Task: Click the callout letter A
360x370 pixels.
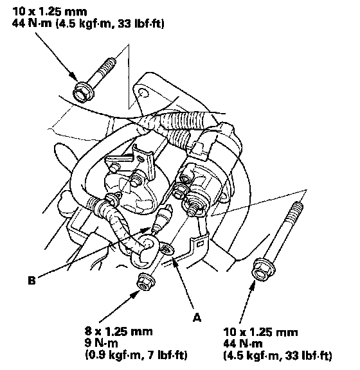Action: [x=197, y=317]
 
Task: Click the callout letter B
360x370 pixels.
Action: [x=32, y=281]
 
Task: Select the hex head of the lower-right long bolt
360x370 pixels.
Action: [x=263, y=270]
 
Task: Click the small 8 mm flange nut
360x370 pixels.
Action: [x=146, y=282]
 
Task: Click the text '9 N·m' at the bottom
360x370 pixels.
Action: [x=101, y=343]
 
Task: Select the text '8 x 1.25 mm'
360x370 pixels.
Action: [x=118, y=331]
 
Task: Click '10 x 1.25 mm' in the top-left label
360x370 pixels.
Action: [x=50, y=12]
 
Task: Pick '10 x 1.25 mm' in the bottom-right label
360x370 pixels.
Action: [x=260, y=332]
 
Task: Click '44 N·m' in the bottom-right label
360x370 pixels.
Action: [x=243, y=344]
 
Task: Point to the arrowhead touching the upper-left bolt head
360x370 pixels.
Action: [x=73, y=76]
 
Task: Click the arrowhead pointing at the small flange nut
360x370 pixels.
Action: [x=134, y=294]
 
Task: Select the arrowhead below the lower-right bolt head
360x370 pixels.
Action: [x=253, y=286]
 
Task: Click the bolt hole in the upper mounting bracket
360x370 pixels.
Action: [x=143, y=93]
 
